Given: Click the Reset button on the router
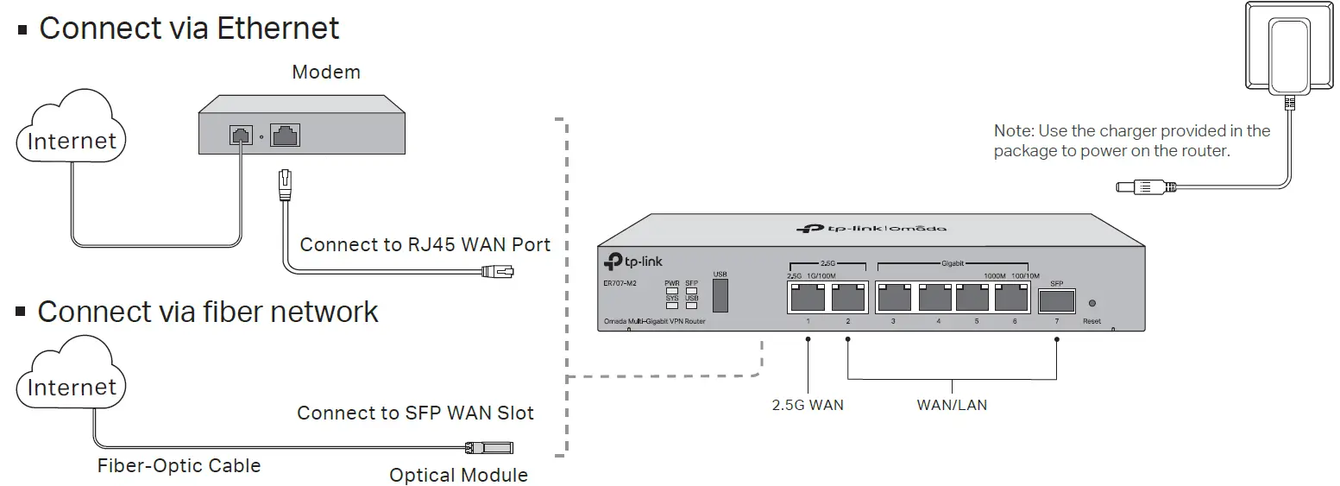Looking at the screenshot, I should click(1092, 304).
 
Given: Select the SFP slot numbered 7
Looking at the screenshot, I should click(1057, 300).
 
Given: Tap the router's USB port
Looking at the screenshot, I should click(720, 295).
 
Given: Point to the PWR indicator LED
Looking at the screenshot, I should click(671, 291).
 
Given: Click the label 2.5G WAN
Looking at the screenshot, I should click(808, 404).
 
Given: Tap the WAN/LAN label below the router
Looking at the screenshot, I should click(952, 404).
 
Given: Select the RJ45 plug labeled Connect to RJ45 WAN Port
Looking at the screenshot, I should click(500, 272).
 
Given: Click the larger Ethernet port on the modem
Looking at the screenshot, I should click(285, 136).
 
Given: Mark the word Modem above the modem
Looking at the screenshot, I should click(325, 72).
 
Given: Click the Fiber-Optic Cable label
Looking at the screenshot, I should click(179, 466).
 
